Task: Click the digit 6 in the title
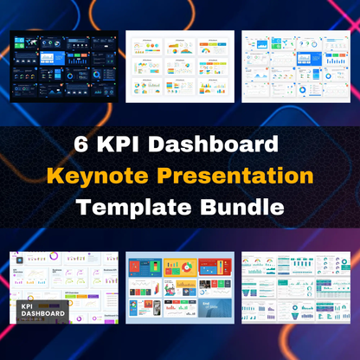88,144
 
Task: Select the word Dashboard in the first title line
215,144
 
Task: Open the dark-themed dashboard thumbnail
63,67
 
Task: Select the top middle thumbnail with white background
179,67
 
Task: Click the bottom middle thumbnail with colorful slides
179,287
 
